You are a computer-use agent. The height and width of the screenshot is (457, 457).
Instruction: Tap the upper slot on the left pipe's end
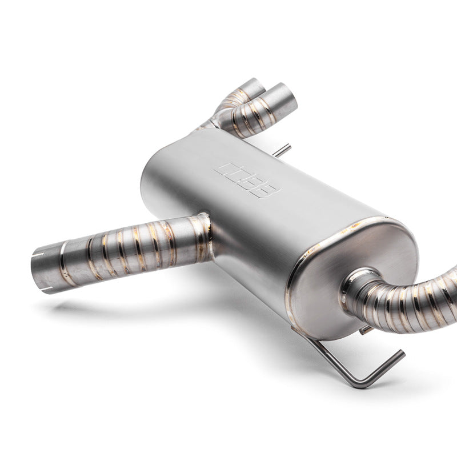click(39, 252)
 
